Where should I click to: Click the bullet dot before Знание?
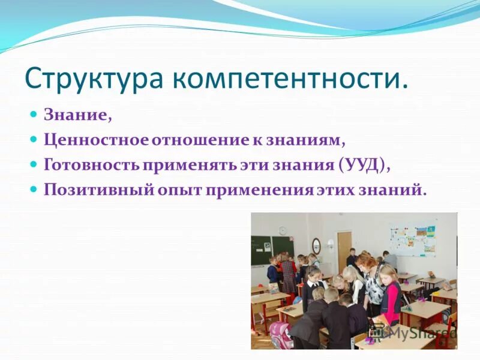[35, 114]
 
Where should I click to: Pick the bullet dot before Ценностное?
[35, 139]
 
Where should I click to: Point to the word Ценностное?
[96, 140]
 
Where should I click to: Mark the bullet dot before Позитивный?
[35, 188]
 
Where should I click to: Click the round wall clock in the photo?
[283, 230]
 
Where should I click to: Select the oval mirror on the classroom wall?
[316, 245]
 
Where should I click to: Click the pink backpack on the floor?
[281, 335]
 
